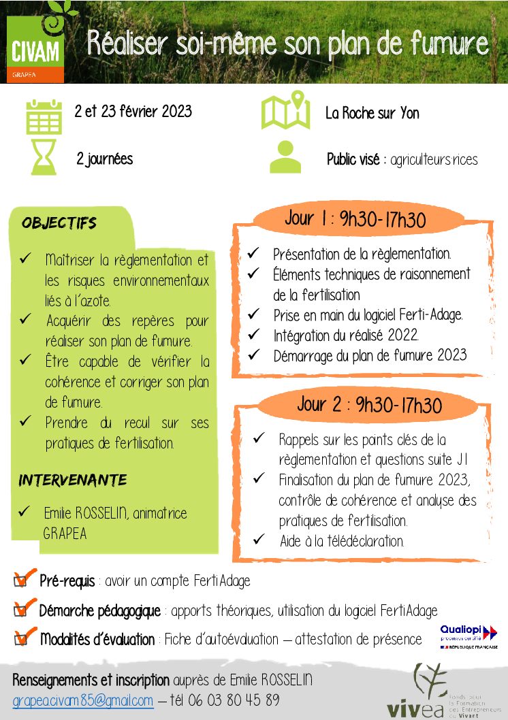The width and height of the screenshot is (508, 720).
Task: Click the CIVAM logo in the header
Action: [35, 49]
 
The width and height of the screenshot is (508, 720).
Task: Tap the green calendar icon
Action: [44, 116]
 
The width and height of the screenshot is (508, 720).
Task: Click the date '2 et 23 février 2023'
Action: [133, 111]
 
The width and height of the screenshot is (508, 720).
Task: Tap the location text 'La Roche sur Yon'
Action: [372, 113]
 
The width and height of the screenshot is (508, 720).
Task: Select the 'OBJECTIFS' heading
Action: [59, 223]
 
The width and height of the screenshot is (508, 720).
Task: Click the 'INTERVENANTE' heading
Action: [72, 480]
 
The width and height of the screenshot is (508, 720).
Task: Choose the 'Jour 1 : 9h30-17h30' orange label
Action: [355, 219]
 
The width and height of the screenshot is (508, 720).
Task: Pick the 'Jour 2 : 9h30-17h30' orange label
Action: [369, 404]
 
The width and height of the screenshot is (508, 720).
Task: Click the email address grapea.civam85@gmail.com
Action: [83, 700]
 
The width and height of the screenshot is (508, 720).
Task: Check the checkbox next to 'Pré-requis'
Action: [22, 580]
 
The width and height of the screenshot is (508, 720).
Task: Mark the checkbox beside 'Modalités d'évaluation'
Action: [22, 638]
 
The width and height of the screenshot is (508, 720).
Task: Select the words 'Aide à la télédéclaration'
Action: [342, 542]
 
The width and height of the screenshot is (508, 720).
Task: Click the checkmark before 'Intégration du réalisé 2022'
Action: [253, 334]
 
